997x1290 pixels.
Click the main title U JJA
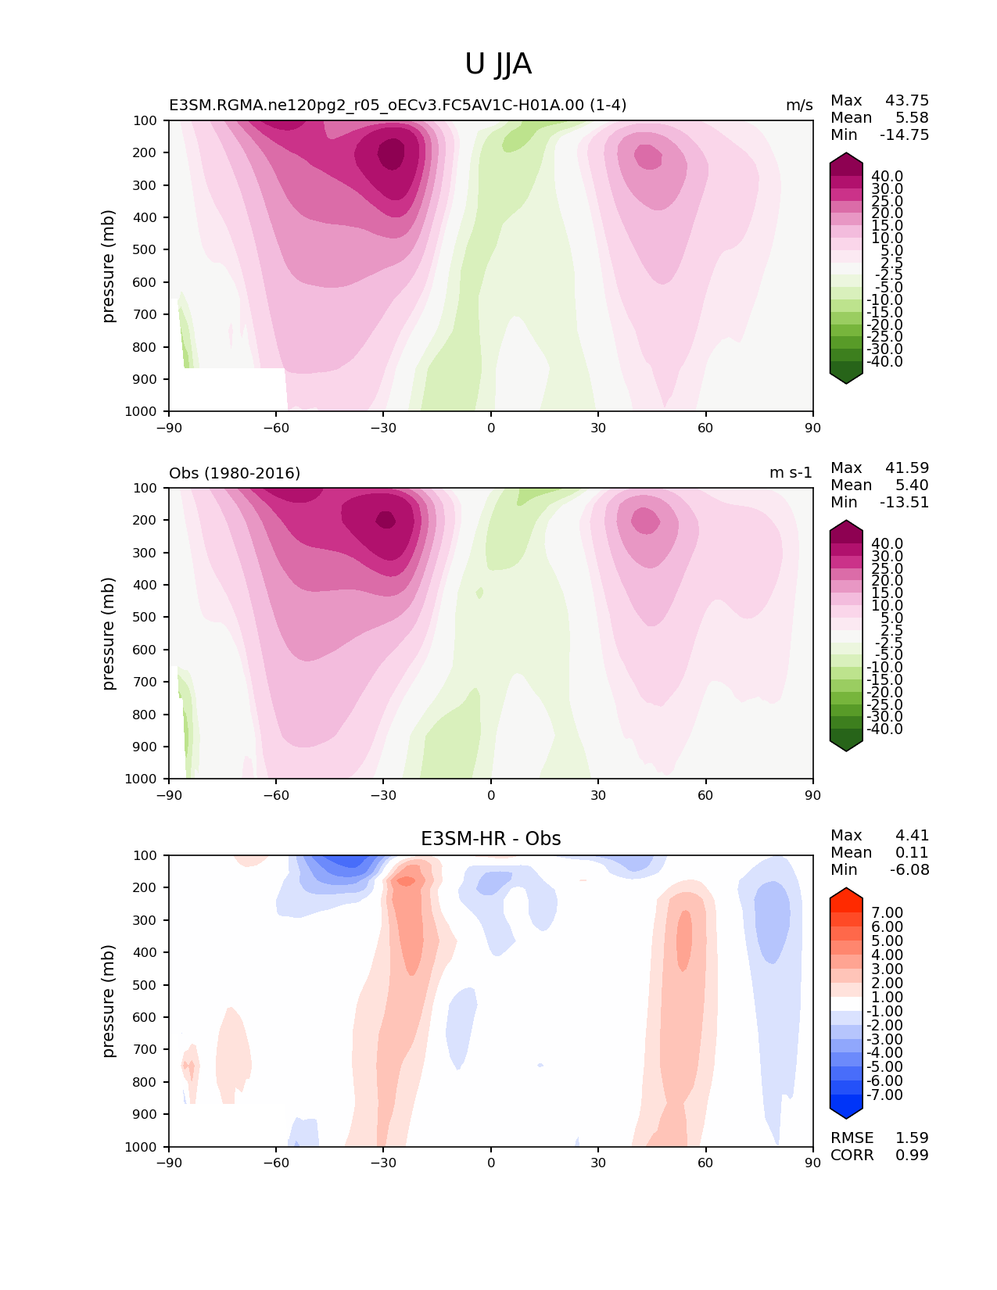click(x=498, y=64)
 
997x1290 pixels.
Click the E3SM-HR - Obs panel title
click(x=490, y=839)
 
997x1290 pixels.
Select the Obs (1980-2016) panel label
click(x=235, y=473)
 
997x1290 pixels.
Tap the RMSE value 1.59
click(x=912, y=1138)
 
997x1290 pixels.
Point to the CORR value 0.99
click(x=912, y=1155)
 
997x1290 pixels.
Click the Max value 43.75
click(x=907, y=100)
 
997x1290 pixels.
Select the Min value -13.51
click(x=905, y=502)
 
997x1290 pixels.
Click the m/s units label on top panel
click(x=799, y=106)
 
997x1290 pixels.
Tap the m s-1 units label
click(x=791, y=473)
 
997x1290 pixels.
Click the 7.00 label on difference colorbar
click(x=887, y=913)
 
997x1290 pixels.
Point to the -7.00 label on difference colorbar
click(x=885, y=1095)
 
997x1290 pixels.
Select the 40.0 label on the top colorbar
click(x=887, y=177)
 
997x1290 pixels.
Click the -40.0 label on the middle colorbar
click(x=884, y=729)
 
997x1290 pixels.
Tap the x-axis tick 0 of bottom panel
click(x=491, y=1163)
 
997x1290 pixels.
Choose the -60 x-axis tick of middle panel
click(x=276, y=795)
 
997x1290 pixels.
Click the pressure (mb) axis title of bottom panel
click(x=109, y=1001)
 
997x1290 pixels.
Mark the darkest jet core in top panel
click(x=392, y=153)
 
